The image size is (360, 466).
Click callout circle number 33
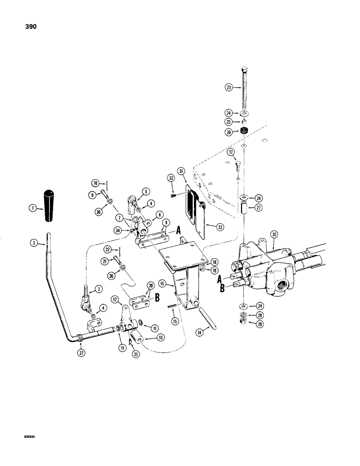coord(215,226)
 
